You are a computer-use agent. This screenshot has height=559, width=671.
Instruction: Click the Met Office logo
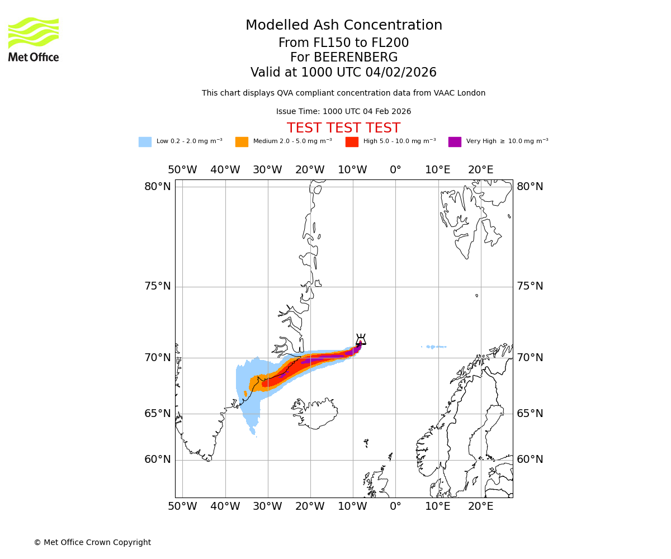[34, 39]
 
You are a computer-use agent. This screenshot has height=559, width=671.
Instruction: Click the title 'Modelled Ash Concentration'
[344, 26]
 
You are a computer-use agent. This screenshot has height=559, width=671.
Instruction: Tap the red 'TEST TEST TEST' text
[343, 129]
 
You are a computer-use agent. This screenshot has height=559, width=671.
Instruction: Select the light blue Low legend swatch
[145, 142]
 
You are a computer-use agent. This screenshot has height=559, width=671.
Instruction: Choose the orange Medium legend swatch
[242, 142]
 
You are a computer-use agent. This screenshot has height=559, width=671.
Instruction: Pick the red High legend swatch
[352, 142]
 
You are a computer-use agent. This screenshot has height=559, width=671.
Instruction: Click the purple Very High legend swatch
[455, 142]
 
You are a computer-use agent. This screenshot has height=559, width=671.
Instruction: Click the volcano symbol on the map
[361, 340]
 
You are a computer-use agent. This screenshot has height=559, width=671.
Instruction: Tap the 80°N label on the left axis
[158, 187]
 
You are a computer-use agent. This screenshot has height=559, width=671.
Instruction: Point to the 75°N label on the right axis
[530, 286]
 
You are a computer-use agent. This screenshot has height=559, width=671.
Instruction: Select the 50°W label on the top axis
[182, 170]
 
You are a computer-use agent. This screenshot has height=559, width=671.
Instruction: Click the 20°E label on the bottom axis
[481, 506]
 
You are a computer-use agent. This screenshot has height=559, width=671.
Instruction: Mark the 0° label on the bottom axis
[395, 506]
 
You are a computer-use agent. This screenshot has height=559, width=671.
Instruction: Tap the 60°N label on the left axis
[158, 459]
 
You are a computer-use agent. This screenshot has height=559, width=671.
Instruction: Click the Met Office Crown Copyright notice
[92, 543]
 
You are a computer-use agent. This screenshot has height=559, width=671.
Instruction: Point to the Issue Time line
[343, 112]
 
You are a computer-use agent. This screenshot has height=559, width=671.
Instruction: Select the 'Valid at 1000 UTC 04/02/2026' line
[343, 73]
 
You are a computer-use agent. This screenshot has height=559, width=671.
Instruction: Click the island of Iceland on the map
[316, 414]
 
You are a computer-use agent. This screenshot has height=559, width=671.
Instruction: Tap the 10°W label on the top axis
[353, 170]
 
